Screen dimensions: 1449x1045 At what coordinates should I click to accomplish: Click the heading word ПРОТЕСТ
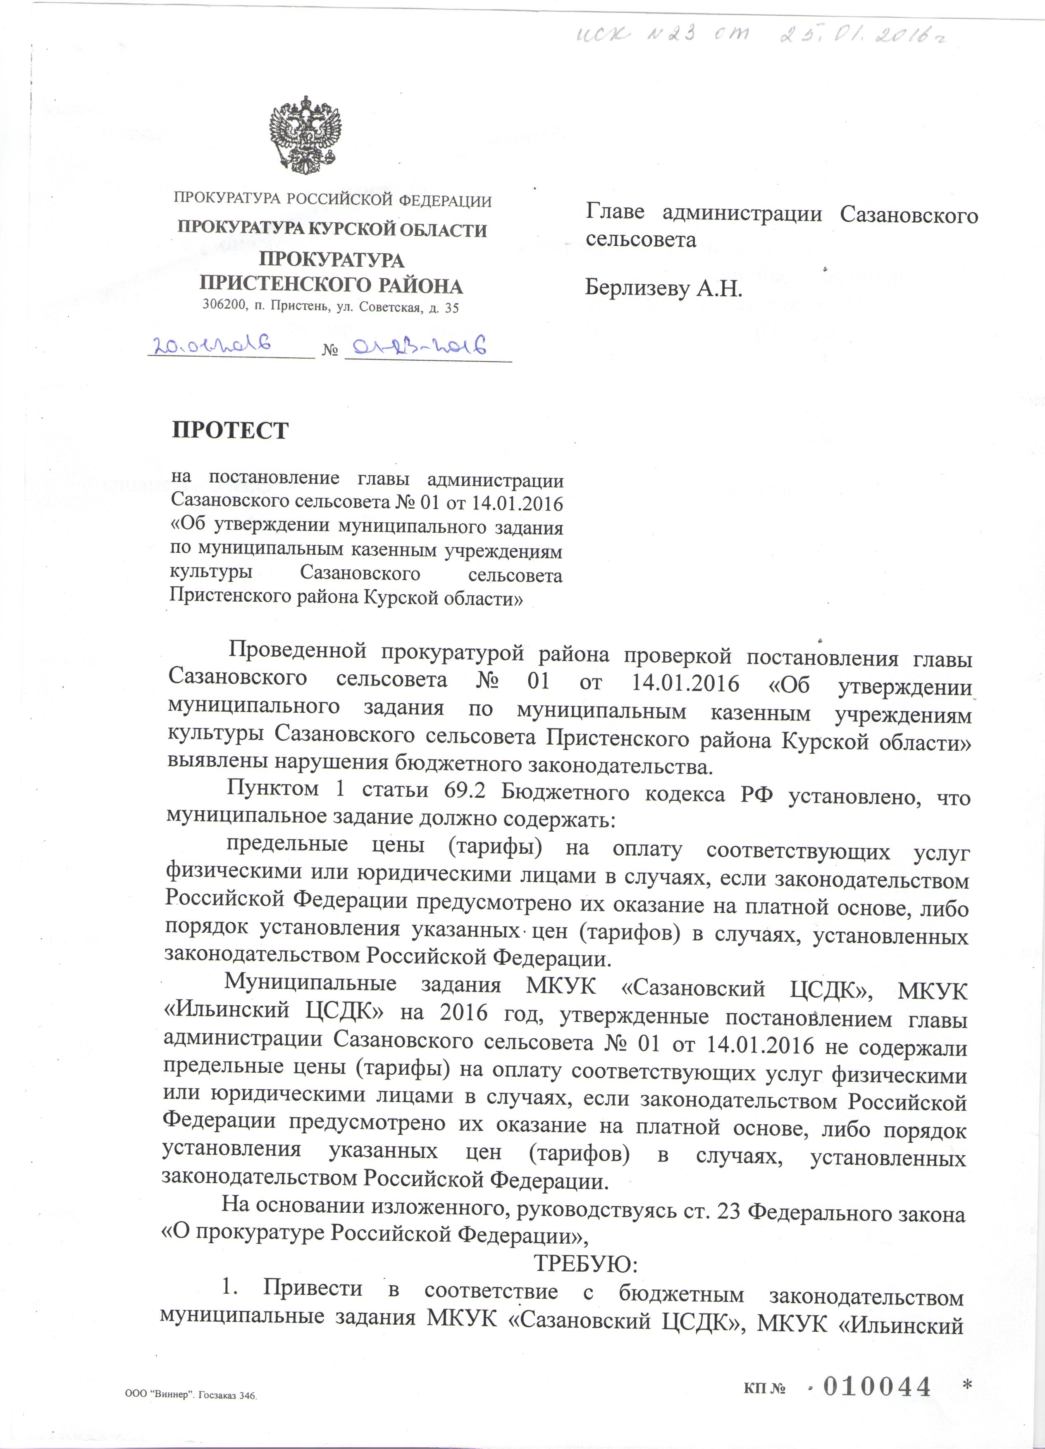click(230, 431)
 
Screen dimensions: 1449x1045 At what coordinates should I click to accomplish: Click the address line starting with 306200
click(330, 307)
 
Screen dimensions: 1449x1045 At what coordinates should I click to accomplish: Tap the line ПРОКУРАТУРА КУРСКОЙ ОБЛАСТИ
click(332, 230)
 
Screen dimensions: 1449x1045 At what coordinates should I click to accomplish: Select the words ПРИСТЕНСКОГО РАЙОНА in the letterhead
click(331, 285)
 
